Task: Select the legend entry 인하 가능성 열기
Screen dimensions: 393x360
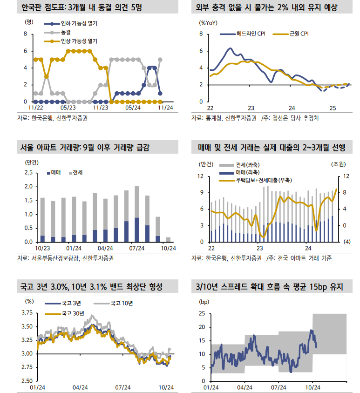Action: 79,23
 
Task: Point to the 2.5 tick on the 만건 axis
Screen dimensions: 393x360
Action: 28,173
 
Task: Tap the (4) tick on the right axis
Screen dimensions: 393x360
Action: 347,242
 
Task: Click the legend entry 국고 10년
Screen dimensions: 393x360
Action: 122,304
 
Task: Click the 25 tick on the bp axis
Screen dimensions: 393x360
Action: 202,314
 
